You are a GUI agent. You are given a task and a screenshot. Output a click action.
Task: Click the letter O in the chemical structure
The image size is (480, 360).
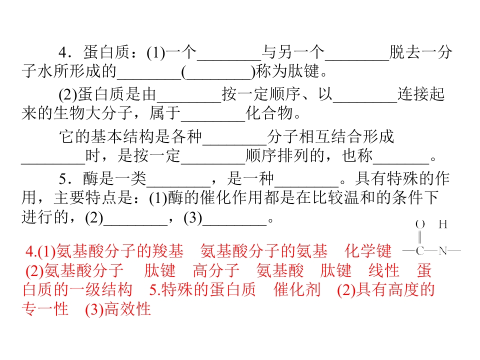(420, 224)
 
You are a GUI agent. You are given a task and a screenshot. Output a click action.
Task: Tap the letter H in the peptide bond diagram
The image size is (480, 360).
(442, 224)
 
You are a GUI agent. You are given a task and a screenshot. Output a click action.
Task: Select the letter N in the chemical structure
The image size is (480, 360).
(442, 250)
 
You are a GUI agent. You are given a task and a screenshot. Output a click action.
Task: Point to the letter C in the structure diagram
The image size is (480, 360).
(420, 250)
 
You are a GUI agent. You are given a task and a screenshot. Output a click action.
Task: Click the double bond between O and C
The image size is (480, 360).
(419, 237)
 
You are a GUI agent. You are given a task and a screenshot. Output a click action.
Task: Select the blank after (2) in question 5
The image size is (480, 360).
(135, 225)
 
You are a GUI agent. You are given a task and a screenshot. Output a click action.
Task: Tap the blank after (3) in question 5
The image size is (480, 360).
(234, 225)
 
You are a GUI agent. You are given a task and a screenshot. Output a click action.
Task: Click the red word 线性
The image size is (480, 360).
(383, 270)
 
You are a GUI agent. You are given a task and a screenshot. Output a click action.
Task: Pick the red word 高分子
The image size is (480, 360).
(216, 270)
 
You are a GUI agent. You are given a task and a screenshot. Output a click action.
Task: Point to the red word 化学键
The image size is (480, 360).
(367, 251)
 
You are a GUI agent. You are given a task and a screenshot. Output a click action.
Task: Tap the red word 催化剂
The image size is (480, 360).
(296, 289)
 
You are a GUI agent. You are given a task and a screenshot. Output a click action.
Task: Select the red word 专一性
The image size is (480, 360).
(45, 309)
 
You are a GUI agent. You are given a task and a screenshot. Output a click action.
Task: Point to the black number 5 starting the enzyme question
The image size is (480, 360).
(63, 179)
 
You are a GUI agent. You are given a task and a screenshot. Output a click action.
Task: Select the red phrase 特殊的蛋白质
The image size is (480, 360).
(208, 289)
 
